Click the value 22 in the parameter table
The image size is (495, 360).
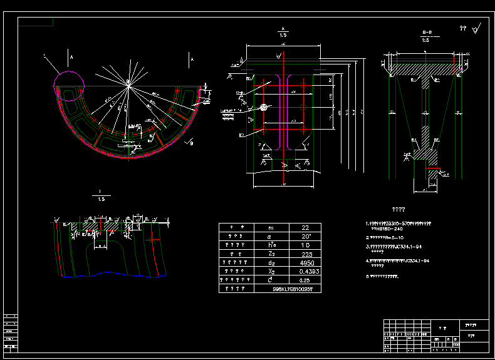click(x=306, y=229)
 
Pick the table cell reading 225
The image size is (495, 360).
click(x=306, y=254)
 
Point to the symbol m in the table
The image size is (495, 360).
click(x=270, y=229)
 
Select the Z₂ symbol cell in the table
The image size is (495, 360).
click(x=270, y=254)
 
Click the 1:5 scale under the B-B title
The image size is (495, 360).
click(x=425, y=39)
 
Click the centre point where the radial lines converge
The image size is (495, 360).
click(x=128, y=84)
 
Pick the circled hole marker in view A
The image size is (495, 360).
click(x=265, y=108)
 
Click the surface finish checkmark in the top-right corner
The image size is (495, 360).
click(x=477, y=28)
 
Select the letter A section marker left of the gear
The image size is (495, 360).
click(x=71, y=58)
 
